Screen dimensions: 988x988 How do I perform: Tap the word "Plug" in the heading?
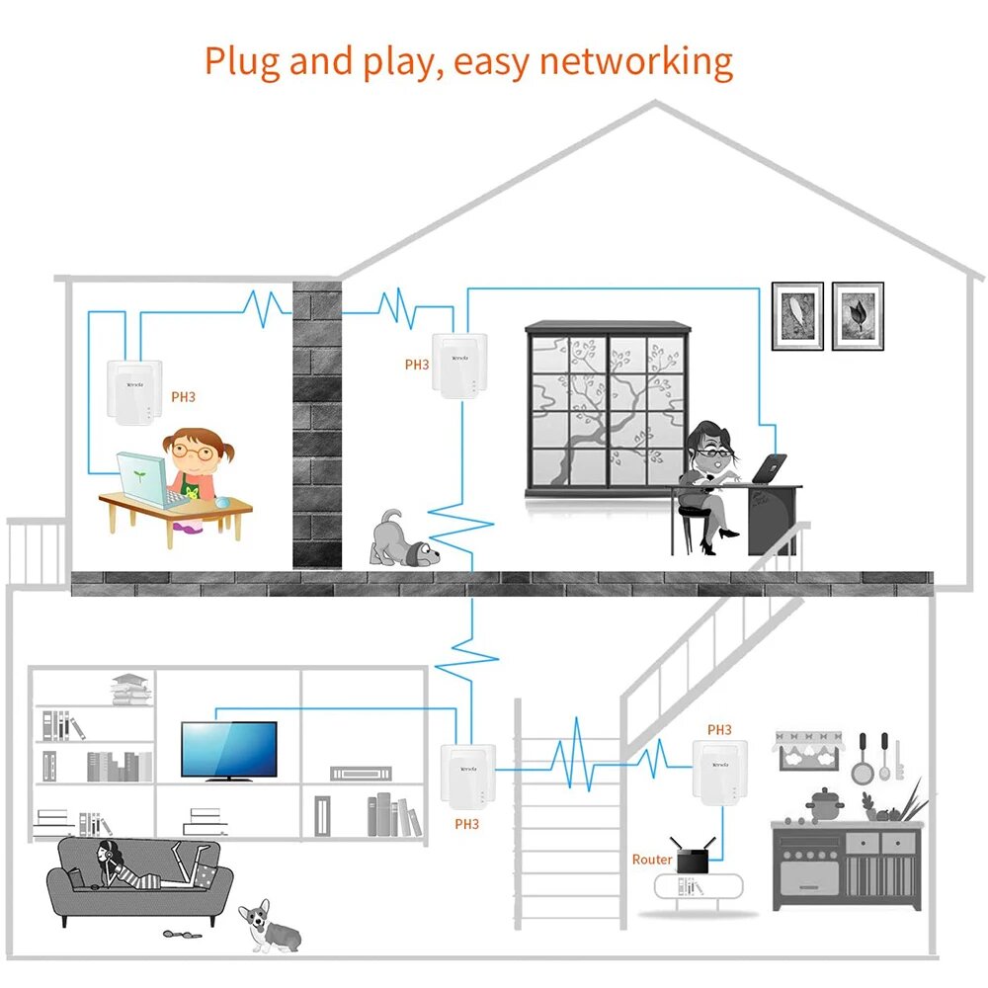pyautogui.click(x=241, y=61)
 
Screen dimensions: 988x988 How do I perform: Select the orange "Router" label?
pyautogui.click(x=652, y=860)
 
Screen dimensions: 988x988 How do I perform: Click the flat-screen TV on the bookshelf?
pyautogui.click(x=229, y=751)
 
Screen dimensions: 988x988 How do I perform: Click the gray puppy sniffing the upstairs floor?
pyautogui.click(x=404, y=540)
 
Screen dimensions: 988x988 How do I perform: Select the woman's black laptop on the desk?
pyautogui.click(x=770, y=469)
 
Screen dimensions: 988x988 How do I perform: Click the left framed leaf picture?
pyautogui.click(x=797, y=315)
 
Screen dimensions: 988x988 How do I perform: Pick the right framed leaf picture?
pyautogui.click(x=858, y=315)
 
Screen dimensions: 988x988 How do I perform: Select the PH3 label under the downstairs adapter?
pyautogui.click(x=466, y=823)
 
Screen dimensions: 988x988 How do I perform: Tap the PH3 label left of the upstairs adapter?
pyautogui.click(x=417, y=365)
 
